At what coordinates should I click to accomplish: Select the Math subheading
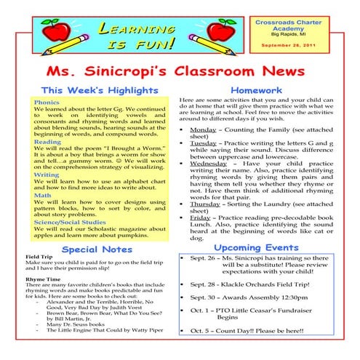tap(41, 196)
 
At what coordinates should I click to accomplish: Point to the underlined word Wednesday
tap(209, 164)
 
